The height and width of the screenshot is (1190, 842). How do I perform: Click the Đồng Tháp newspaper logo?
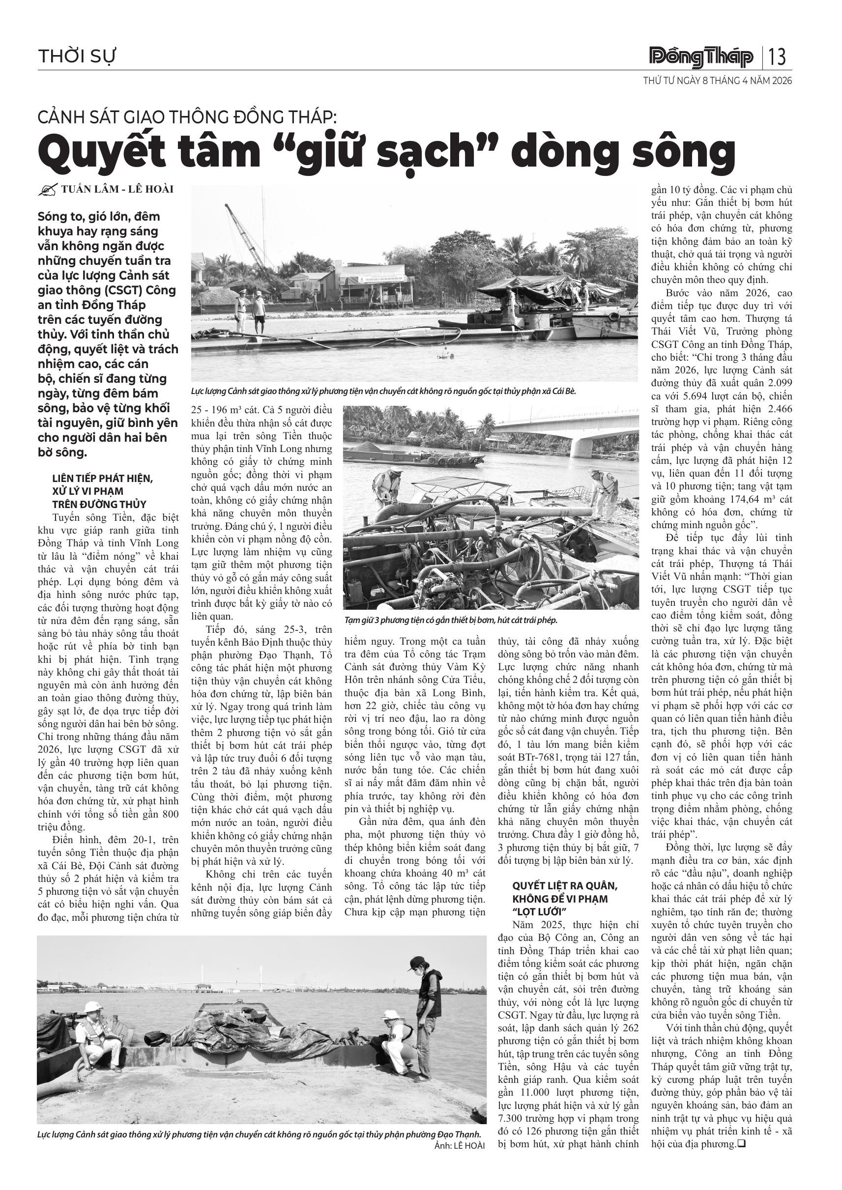(701, 57)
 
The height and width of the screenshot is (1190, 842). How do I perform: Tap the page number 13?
(777, 57)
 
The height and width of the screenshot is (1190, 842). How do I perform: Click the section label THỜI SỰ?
(77, 56)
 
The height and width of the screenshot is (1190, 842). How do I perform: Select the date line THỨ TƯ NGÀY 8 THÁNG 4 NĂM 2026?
(718, 82)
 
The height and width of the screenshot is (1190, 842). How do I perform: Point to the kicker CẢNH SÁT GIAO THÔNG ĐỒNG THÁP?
(187, 117)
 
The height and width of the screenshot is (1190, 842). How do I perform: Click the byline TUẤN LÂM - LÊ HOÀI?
(117, 189)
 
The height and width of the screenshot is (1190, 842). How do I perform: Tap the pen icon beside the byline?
(48, 190)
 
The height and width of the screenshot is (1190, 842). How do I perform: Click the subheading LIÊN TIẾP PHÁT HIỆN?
(103, 478)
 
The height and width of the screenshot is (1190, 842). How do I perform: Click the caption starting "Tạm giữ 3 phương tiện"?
(450, 620)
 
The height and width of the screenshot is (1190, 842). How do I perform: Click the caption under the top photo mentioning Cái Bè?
(384, 391)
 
